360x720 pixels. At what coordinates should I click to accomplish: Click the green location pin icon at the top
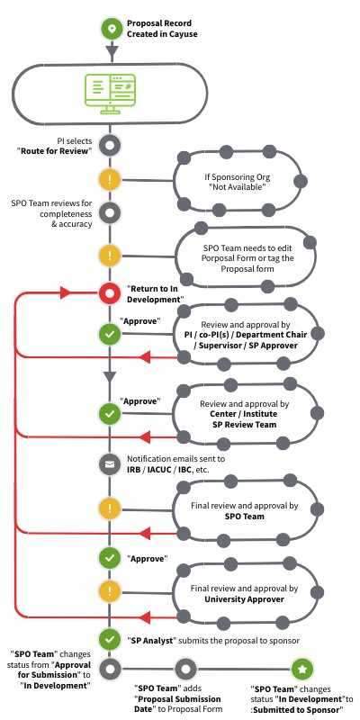coord(110,29)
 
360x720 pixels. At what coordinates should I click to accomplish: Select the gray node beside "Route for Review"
coord(110,144)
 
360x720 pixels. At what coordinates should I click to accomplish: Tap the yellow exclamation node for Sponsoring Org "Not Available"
coord(110,178)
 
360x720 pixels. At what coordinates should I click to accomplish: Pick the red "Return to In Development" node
coord(110,292)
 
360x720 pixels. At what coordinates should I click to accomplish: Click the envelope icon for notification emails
coord(110,464)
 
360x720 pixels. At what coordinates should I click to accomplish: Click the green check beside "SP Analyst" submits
coord(110,638)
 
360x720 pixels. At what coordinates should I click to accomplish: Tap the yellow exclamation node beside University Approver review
coord(110,591)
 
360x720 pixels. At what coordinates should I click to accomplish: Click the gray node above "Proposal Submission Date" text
coord(185,670)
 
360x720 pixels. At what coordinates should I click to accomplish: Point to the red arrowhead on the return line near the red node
coord(65,292)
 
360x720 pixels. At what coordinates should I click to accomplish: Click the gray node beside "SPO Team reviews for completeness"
coord(110,212)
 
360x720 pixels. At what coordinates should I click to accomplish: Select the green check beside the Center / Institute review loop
coord(110,413)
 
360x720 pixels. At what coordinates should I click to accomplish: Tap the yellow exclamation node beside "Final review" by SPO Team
coord(110,509)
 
